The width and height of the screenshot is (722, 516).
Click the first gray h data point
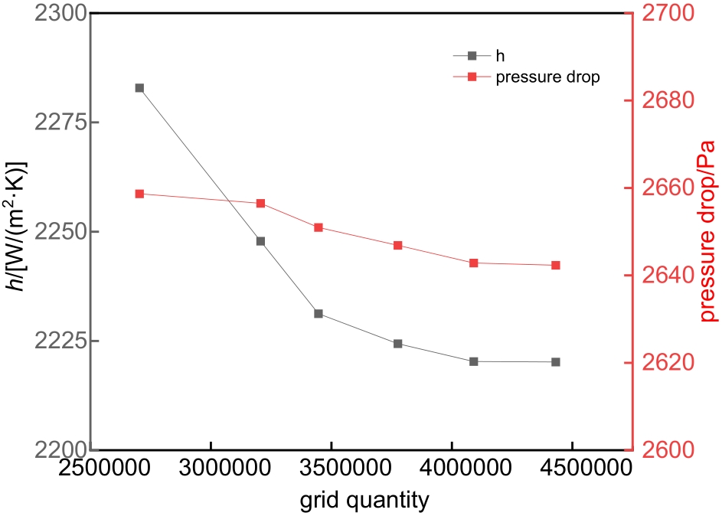point(139,88)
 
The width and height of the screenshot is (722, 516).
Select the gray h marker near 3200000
point(260,241)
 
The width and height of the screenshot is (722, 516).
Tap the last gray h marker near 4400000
point(556,362)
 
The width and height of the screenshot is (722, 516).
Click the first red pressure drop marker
point(139,194)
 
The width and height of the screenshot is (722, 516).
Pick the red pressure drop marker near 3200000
point(260,203)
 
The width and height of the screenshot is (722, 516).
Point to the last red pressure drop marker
point(556,265)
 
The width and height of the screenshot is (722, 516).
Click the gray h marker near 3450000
point(319,314)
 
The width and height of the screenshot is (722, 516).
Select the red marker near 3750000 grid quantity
point(398,245)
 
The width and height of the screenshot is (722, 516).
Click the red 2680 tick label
point(662,101)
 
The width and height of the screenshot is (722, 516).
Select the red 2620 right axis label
point(662,363)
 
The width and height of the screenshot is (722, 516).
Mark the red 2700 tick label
point(662,14)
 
